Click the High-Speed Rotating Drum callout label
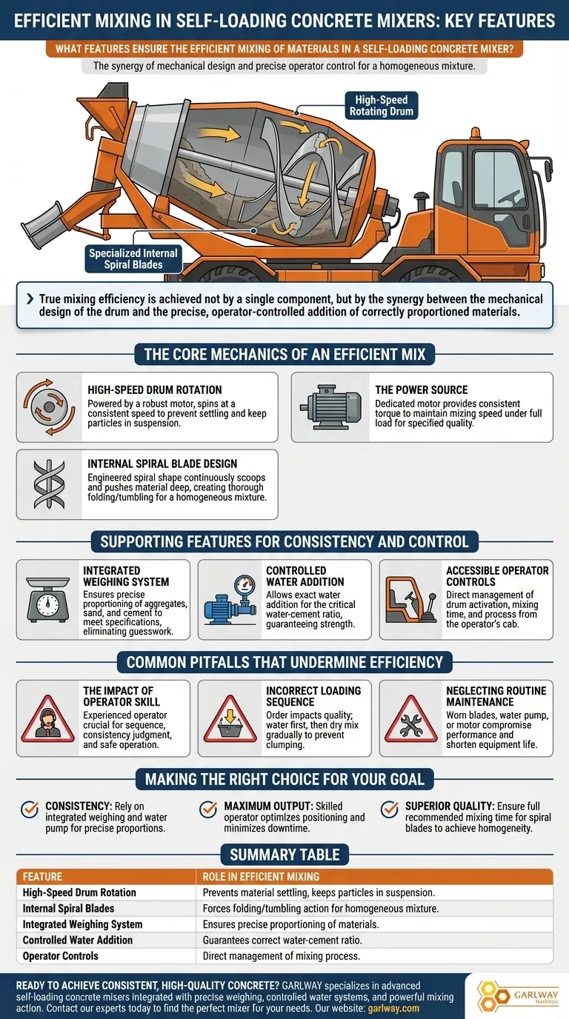coord(381,105)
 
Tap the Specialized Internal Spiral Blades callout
coord(133,258)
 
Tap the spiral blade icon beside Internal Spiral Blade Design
coord(49,483)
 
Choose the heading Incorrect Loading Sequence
coord(313,696)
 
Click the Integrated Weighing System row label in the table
coord(82,924)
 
